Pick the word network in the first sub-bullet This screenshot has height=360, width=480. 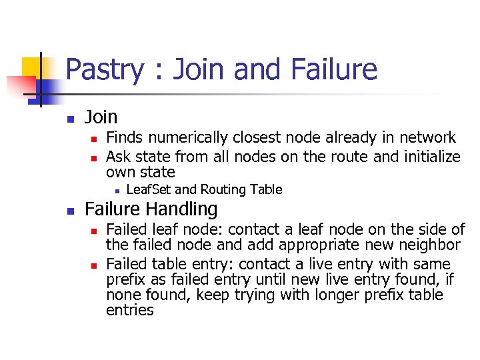[423, 138]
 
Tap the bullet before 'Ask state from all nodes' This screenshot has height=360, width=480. [94, 158]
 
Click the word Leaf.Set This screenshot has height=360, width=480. [149, 189]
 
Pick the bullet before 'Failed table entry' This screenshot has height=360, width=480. [94, 265]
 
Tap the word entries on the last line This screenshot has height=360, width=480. [129, 310]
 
